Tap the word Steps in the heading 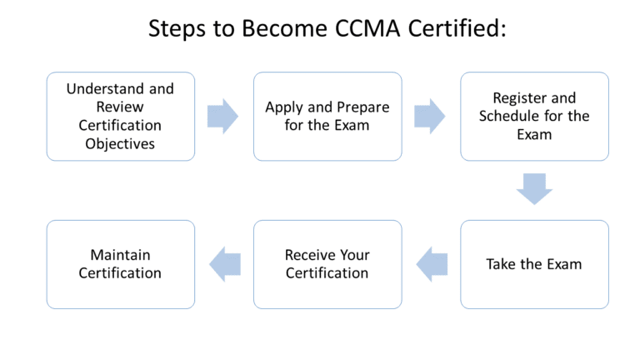(x=178, y=30)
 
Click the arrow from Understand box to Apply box (x=222, y=116)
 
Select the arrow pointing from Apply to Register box (x=429, y=116)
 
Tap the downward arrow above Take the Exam (x=534, y=189)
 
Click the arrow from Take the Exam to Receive (x=431, y=264)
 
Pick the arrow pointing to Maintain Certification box (x=224, y=264)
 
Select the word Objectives (x=120, y=143)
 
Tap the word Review (x=120, y=107)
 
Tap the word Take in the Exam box (x=501, y=264)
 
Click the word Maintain (x=120, y=255)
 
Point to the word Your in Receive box (x=355, y=255)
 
